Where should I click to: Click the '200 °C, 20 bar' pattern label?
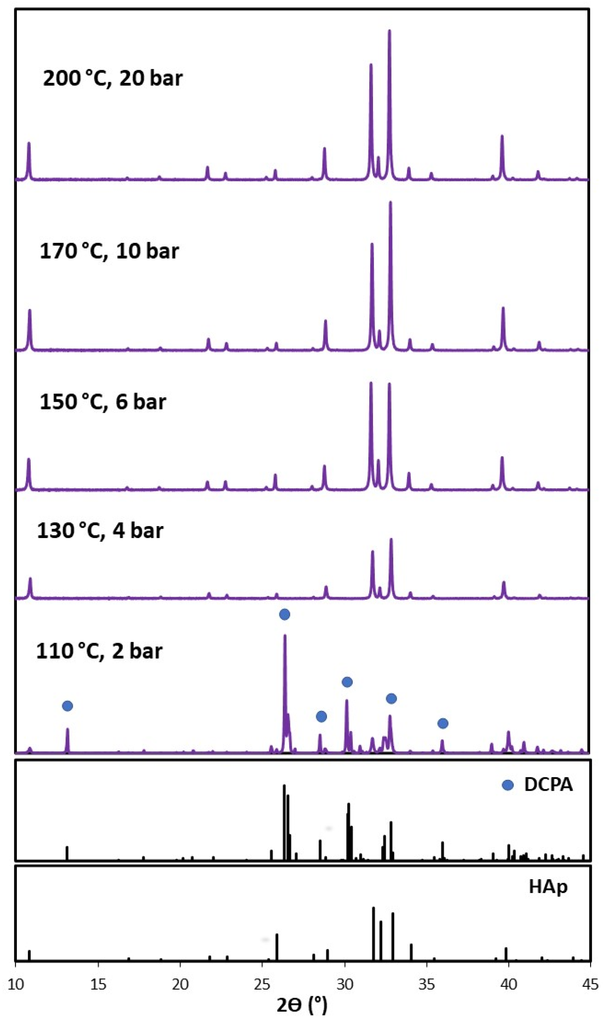(113, 78)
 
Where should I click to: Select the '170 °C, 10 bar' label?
(109, 251)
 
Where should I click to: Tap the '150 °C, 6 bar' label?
(103, 402)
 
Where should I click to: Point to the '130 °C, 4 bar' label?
(100, 530)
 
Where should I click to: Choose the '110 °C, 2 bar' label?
(99, 651)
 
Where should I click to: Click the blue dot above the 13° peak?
(68, 706)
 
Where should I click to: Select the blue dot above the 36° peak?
(442, 723)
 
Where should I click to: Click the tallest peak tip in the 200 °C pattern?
(389, 30)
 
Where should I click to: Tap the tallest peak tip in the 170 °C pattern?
(391, 202)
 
